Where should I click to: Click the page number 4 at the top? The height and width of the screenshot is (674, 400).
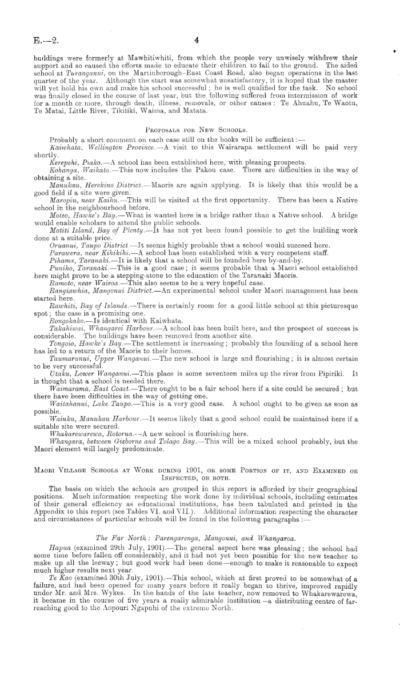[x=196, y=41]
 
